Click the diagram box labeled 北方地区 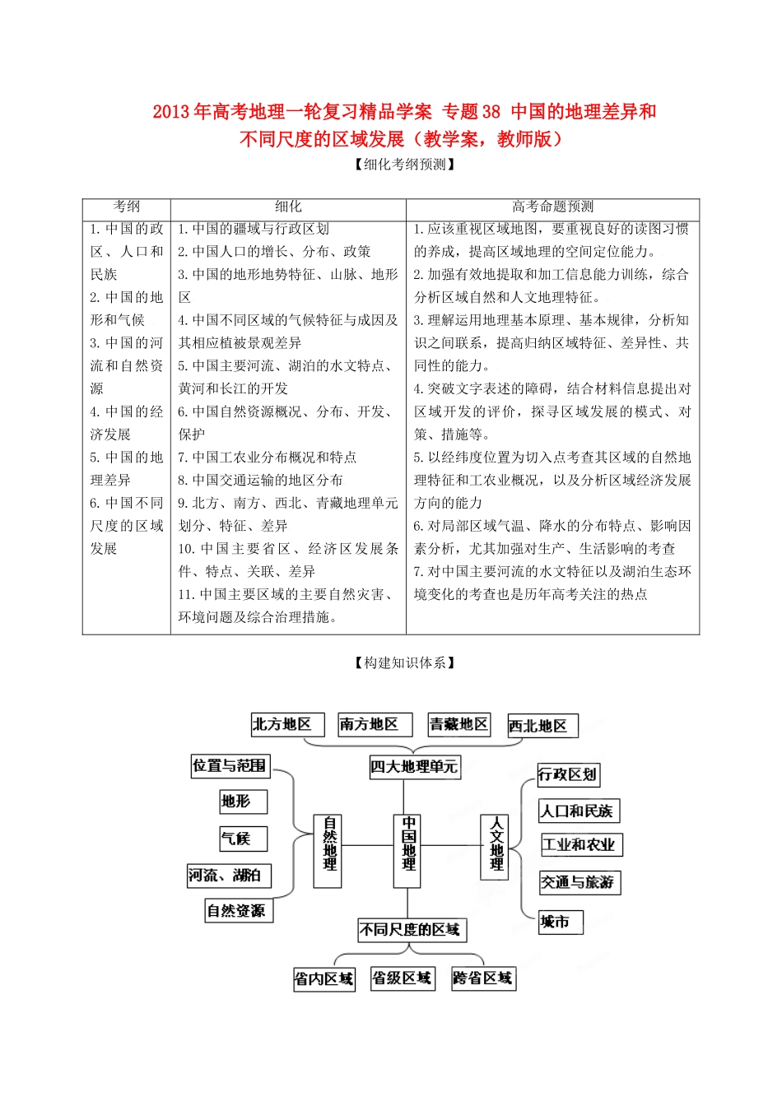[x=282, y=725]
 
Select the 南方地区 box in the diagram [x=369, y=725]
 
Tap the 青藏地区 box [x=458, y=725]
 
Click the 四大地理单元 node [x=413, y=767]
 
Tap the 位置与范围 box [x=230, y=766]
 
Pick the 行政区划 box [x=566, y=774]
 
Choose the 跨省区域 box [x=482, y=978]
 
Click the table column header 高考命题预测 [x=552, y=207]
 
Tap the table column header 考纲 [x=126, y=207]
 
